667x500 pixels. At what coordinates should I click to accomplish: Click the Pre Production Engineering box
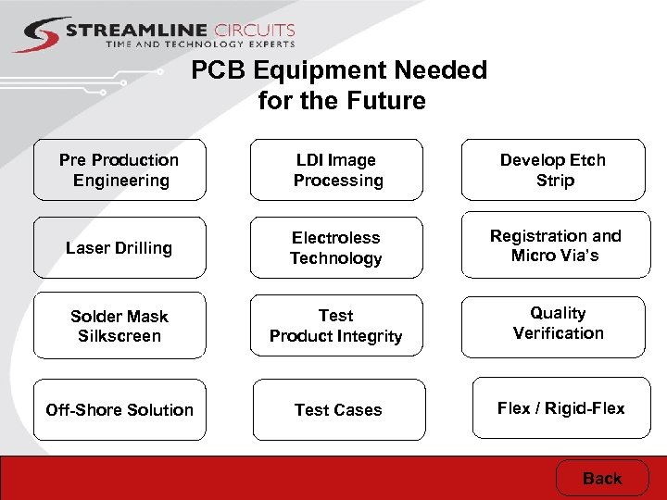[x=120, y=170]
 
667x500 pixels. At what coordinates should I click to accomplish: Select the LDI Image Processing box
[x=337, y=170]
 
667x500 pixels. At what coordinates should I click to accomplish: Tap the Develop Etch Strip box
[x=554, y=170]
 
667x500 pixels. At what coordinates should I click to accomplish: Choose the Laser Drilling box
[x=120, y=248]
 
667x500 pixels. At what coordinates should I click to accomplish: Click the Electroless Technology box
[x=336, y=248]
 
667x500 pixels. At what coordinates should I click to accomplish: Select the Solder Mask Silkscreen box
[x=120, y=327]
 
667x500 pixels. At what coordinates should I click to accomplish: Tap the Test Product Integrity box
[x=336, y=327]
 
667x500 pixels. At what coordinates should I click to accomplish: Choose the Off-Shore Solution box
[x=120, y=409]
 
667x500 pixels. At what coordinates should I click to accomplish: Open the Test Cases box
[x=338, y=409]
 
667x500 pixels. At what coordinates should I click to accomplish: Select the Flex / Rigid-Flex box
[x=560, y=407]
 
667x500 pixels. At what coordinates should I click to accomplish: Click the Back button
[x=602, y=479]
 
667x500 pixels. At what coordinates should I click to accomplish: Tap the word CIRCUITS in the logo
[x=249, y=31]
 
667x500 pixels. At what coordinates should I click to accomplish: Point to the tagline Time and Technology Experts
[x=200, y=44]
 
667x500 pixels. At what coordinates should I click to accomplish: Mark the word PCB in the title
[x=219, y=71]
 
